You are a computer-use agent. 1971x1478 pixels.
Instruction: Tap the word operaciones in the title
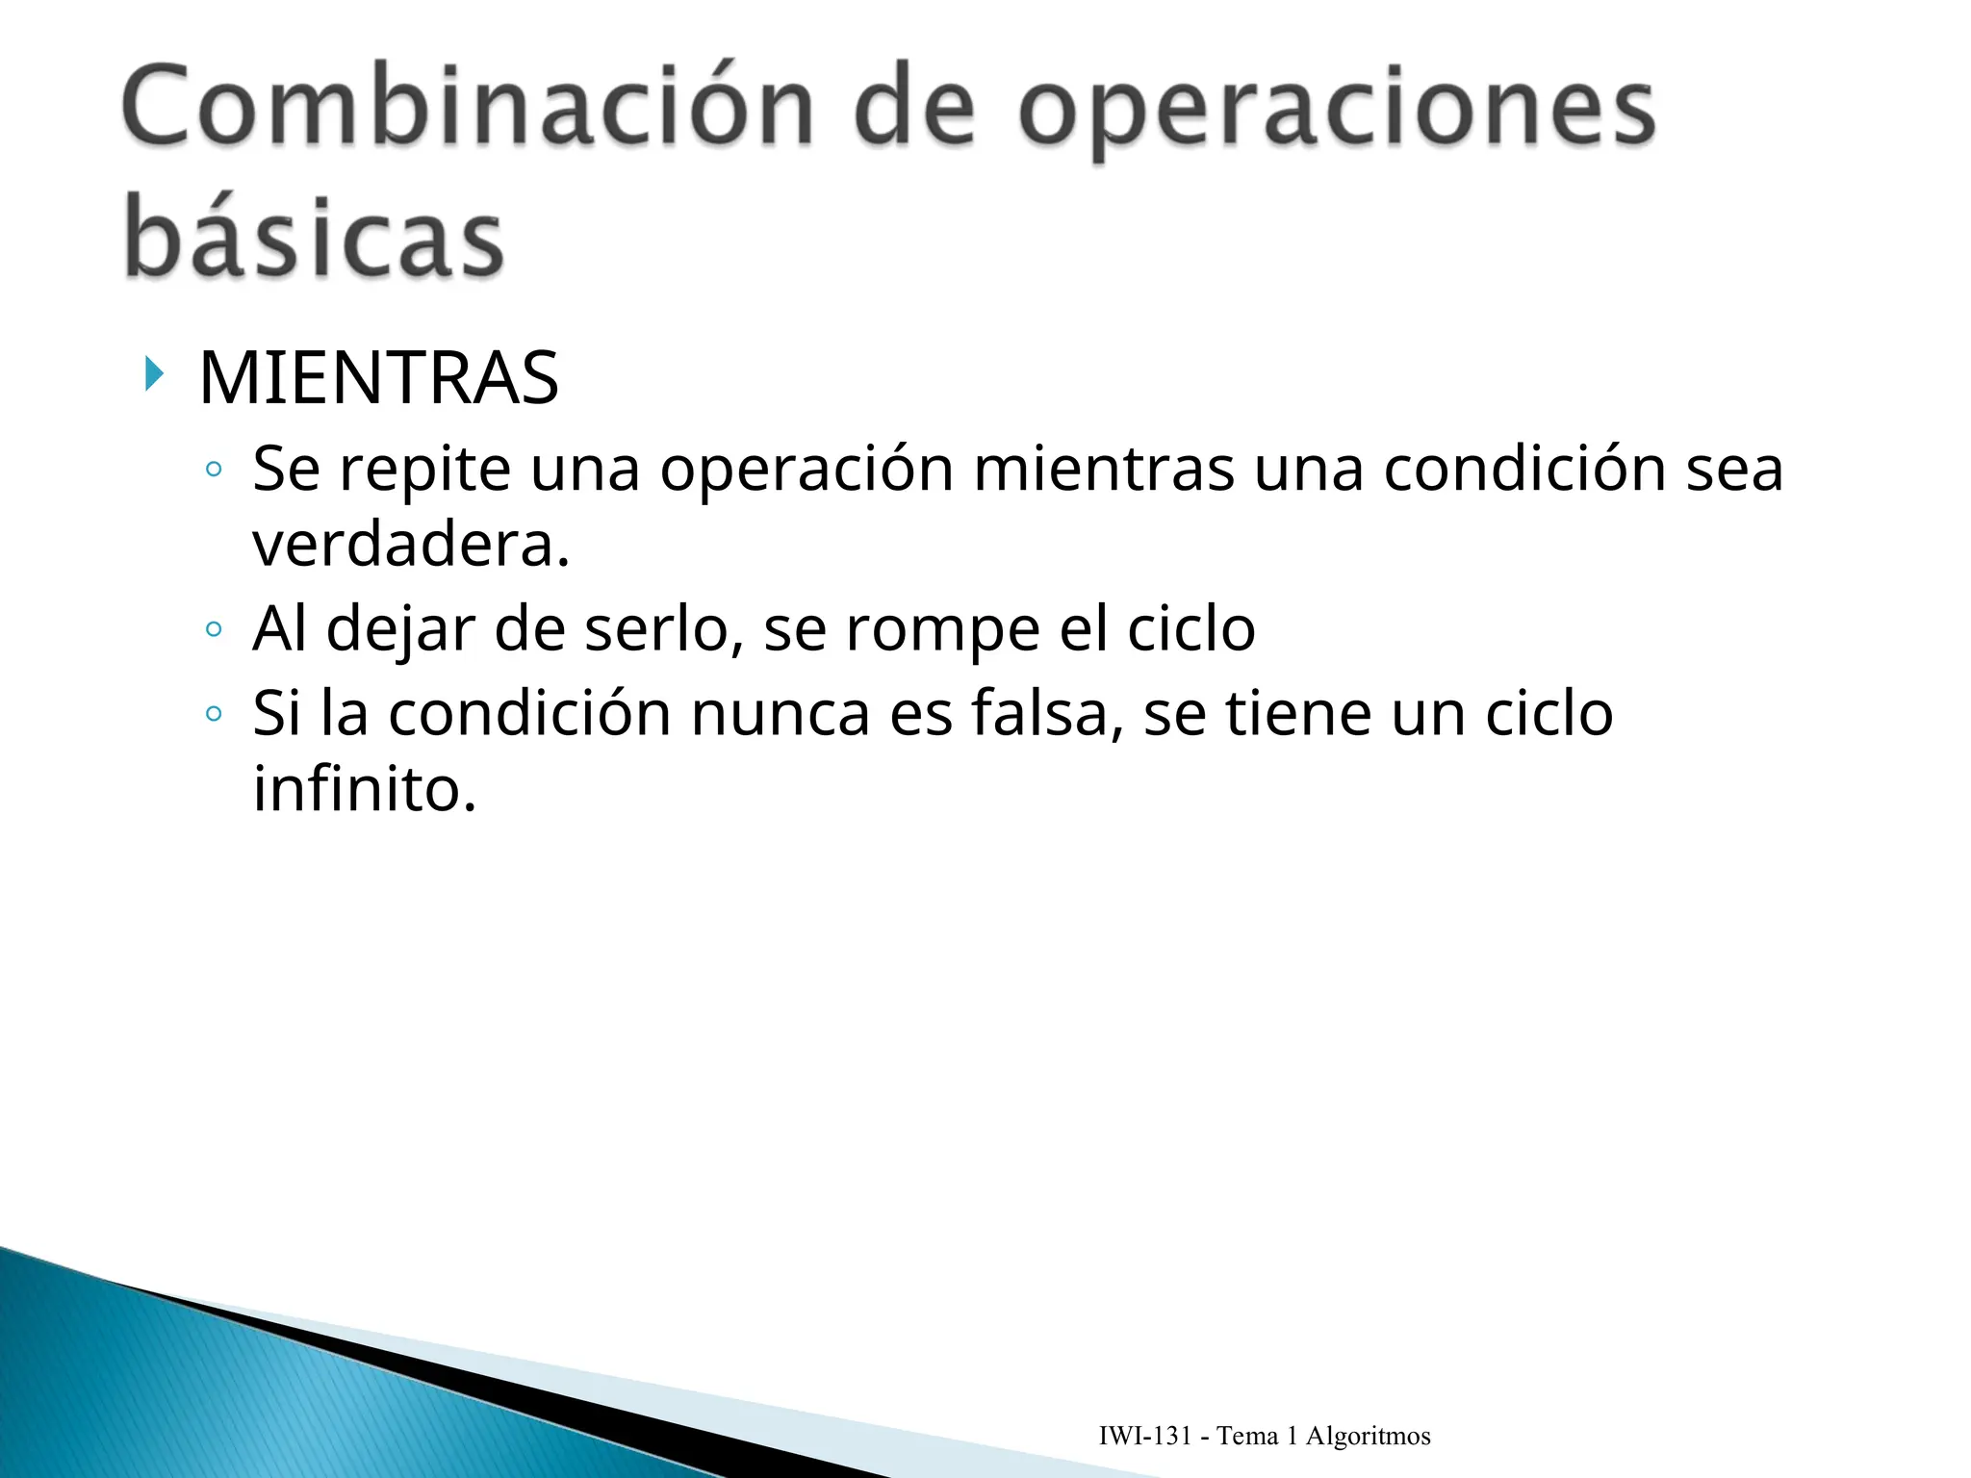coord(1337,112)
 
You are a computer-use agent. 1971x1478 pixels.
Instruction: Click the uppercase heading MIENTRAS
coord(378,377)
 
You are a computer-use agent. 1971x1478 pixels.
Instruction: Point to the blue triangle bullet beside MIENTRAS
coord(154,373)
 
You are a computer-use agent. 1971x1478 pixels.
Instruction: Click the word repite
coord(425,471)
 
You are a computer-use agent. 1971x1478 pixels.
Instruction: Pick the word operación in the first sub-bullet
coord(806,471)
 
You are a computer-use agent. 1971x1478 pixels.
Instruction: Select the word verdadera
coord(411,545)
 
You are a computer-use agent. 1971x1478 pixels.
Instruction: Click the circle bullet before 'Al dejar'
coord(214,630)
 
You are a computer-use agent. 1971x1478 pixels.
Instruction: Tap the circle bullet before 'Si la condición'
coord(214,714)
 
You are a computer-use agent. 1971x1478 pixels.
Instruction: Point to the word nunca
coord(780,714)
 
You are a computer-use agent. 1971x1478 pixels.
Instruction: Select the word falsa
coord(1046,714)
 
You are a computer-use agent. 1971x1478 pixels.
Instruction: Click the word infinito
coord(365,789)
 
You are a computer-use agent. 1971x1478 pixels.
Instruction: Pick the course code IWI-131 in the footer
coord(1144,1437)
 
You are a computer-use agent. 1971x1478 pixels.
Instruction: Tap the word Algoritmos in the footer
coord(1368,1437)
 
